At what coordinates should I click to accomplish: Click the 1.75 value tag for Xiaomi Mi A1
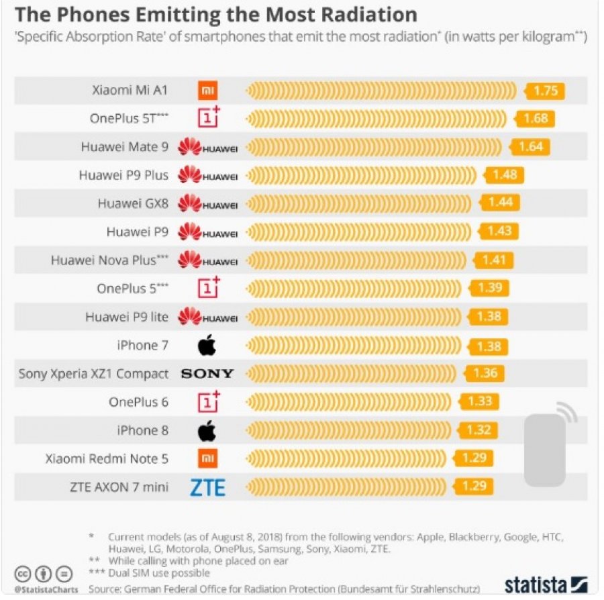coord(545,91)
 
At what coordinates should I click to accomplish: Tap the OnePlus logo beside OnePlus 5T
coord(209,117)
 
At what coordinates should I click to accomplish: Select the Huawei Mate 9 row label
coord(124,147)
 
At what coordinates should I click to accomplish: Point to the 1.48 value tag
coord(504,175)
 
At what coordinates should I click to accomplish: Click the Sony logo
coord(207,374)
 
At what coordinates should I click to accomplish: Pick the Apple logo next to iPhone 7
coord(207,345)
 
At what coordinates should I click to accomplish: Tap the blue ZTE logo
coord(207,487)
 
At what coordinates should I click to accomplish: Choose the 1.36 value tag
coord(485,373)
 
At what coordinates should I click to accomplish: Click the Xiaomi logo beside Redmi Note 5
coord(207,458)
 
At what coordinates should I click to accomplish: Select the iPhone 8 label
coord(142,430)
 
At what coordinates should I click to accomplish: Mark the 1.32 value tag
coord(478,430)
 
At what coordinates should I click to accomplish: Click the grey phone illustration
coord(545,450)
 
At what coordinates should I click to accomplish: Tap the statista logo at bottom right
coord(546,585)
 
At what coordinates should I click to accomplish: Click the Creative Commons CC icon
coord(23,574)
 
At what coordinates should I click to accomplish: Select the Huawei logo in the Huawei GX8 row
coord(207,203)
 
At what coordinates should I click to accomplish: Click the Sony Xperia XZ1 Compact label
coord(93,374)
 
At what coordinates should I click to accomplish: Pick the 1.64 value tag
coord(530,147)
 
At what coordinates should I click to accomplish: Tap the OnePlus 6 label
coord(139,402)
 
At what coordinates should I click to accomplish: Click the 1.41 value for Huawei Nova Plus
coord(493,260)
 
